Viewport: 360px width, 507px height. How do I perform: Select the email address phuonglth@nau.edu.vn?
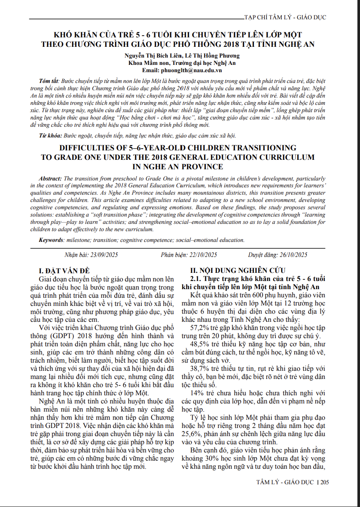(194, 70)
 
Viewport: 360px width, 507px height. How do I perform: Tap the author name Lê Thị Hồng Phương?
(213, 55)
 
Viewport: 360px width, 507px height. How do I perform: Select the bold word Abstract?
(50, 178)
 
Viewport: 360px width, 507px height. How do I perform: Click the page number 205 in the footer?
(324, 482)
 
